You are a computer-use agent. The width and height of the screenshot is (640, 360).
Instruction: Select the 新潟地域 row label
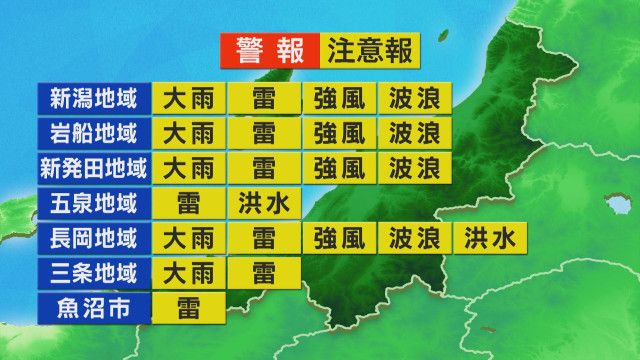click(x=92, y=98)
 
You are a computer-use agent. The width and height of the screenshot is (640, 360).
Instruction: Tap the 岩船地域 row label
click(x=92, y=133)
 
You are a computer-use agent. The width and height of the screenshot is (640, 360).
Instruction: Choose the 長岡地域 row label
click(x=92, y=238)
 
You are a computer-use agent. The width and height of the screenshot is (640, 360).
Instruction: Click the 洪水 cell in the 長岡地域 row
click(x=490, y=238)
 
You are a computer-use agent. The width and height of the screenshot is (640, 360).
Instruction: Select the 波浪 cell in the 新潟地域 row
click(x=414, y=99)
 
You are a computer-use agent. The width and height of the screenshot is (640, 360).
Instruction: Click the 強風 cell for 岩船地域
click(x=339, y=133)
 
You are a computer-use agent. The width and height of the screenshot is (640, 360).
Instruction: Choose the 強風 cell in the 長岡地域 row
click(x=339, y=238)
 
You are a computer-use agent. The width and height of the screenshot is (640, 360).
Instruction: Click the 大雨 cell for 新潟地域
click(x=187, y=99)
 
